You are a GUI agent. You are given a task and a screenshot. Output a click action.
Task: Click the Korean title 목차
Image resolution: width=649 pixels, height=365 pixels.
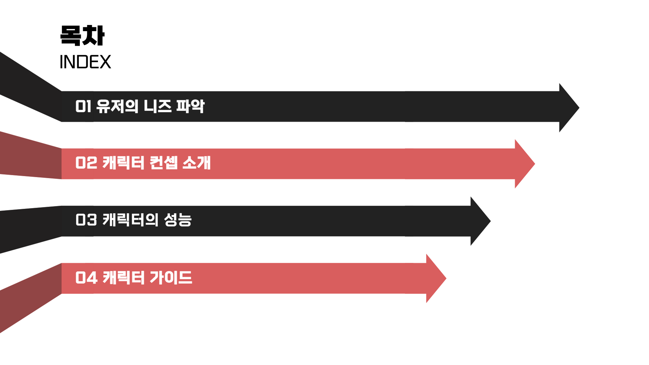coord(82,35)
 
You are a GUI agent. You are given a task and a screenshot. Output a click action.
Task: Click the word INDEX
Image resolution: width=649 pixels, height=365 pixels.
coord(85,62)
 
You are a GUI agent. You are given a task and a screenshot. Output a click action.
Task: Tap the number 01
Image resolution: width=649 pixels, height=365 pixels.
coord(83,106)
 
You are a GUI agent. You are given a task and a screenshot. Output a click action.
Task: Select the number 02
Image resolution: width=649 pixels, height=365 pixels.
coord(86,163)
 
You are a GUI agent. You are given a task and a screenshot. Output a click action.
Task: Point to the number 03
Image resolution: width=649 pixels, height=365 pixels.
coord(86,220)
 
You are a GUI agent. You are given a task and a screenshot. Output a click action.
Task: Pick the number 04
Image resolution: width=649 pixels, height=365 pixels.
coord(86,278)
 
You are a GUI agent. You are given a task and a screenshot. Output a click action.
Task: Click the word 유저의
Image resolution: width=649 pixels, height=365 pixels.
coord(117,106)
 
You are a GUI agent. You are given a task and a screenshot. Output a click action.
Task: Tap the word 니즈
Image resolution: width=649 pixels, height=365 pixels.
coord(157,106)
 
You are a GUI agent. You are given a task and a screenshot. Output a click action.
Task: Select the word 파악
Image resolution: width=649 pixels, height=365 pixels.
coord(190,106)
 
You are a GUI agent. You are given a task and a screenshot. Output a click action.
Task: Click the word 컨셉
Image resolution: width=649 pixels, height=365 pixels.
coord(164,163)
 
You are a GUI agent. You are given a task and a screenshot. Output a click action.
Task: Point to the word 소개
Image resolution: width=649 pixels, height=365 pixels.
coord(197,163)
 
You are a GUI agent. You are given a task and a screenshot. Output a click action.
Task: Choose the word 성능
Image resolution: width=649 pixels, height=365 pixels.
coord(178,220)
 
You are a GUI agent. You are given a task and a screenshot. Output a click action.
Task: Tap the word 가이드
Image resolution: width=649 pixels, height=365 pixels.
coord(171,278)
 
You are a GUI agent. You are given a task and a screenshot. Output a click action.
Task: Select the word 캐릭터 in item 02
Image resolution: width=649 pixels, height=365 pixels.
coord(123,163)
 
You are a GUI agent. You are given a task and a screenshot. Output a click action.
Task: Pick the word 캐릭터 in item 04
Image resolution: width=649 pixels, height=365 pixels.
coord(123,278)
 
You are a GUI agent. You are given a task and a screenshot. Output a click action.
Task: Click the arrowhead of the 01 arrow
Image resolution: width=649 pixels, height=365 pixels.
coord(568,107)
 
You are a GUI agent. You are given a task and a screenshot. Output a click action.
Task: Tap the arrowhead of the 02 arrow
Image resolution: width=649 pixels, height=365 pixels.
coord(523,164)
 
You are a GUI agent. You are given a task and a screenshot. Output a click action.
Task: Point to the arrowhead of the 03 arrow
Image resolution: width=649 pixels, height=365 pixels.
coord(479,221)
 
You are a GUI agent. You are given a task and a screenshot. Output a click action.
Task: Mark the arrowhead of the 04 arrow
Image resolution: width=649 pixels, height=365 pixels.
coord(435,278)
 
